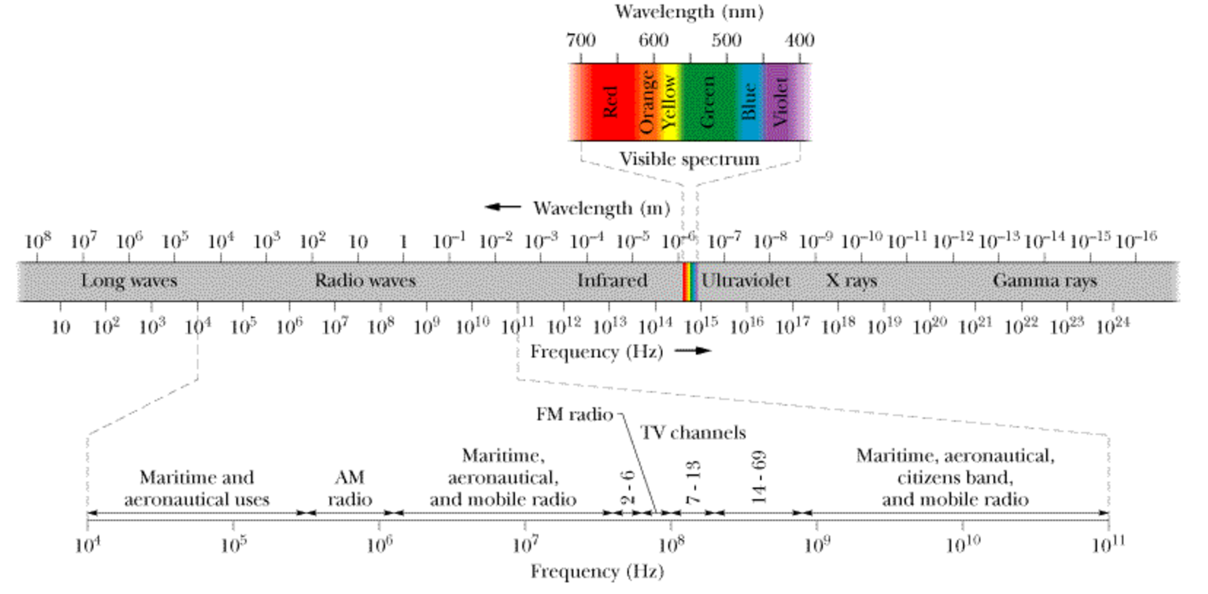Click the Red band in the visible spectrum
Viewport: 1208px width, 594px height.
point(610,101)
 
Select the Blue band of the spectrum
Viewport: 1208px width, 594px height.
point(749,101)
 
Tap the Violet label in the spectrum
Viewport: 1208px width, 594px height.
point(780,101)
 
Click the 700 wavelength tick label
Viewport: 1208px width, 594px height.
point(581,40)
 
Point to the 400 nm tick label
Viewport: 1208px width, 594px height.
point(799,40)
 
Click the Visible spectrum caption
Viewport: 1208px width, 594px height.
point(689,159)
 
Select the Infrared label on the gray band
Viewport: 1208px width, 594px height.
point(612,281)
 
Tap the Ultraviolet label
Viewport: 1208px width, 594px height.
point(746,281)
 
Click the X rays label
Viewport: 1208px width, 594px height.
point(851,281)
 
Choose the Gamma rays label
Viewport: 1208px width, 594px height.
point(1045,281)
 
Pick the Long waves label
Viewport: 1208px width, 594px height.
point(129,281)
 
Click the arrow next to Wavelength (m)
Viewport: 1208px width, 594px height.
point(503,207)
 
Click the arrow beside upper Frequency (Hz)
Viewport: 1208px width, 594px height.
point(692,351)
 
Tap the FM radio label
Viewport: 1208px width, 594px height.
point(574,414)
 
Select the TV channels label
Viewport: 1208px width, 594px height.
point(693,433)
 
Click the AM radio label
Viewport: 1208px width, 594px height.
point(349,488)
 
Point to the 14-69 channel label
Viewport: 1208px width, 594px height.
point(759,477)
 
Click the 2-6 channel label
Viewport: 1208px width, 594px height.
point(627,487)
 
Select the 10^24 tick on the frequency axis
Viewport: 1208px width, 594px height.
point(1112,325)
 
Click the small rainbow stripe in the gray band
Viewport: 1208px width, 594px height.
point(689,282)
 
